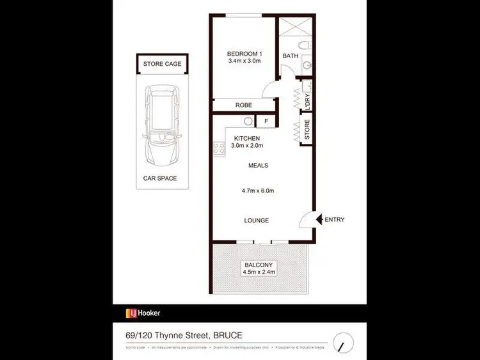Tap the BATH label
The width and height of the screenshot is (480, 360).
[291, 56]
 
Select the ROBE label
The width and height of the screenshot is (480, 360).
[243, 105]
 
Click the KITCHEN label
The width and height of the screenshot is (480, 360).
[246, 138]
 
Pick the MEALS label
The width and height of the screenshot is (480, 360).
[258, 166]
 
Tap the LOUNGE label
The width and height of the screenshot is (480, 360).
[256, 221]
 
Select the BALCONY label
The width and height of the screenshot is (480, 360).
[259, 265]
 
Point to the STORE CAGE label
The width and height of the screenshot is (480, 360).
[162, 64]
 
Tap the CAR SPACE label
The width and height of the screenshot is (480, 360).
[159, 178]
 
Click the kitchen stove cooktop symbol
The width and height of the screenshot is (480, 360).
[218, 148]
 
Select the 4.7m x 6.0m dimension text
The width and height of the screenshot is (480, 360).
[258, 191]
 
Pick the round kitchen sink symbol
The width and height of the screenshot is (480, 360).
[248, 121]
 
